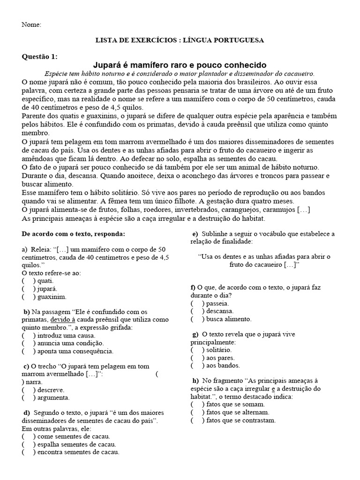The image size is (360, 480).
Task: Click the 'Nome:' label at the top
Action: [x=31, y=24]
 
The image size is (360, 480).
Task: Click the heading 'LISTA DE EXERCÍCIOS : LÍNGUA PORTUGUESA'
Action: [x=180, y=40]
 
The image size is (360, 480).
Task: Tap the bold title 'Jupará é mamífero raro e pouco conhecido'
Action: [x=180, y=65]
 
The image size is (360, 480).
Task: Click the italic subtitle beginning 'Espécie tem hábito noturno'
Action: [x=180, y=74]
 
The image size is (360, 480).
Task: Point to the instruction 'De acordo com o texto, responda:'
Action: [x=74, y=233]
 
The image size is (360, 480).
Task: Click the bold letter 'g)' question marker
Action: [x=195, y=334]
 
